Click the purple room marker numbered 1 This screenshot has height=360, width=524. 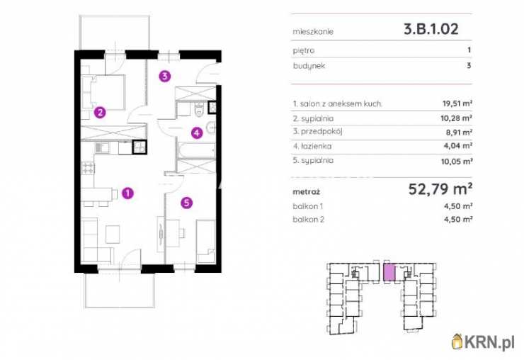pos(127,193)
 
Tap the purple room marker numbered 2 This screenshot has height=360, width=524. pos(100,113)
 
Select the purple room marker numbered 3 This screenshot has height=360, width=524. pos(164,77)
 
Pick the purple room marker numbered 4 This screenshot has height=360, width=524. pos(197,133)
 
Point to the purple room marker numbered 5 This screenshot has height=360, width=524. pos(186,203)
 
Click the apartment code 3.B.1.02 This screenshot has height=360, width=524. pos(431,29)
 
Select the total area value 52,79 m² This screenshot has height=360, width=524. pos(440,189)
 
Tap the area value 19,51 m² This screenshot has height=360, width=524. pos(457,103)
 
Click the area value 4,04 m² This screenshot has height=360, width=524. pos(458,146)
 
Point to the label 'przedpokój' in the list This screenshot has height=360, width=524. pos(321,132)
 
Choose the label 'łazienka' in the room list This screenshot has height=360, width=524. pos(316,146)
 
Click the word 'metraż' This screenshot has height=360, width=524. pos(306,192)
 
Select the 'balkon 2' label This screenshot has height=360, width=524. pos(309,220)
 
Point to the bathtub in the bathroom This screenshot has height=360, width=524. pos(196,150)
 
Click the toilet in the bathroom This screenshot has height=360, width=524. pos(199,109)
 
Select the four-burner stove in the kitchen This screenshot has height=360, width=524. pos(88,168)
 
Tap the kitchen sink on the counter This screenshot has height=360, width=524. pos(102,147)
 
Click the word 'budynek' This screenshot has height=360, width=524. pos(309,66)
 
